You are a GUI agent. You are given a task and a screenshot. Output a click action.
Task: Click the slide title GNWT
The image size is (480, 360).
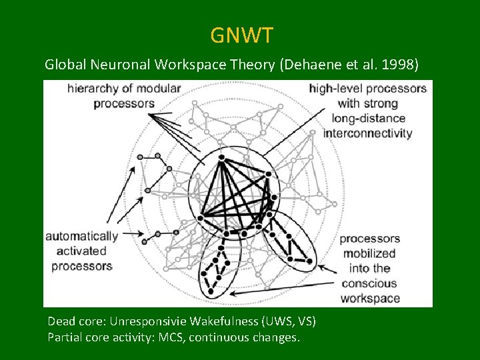tap(241, 35)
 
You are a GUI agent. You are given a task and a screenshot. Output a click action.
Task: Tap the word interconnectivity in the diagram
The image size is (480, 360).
tap(368, 133)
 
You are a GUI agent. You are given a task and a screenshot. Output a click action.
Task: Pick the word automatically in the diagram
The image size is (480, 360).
tap(81, 236)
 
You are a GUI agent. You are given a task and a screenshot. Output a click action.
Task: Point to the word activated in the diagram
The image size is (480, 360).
tap(81, 251)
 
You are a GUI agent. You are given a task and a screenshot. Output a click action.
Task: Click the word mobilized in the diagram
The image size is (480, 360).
tap(369, 253)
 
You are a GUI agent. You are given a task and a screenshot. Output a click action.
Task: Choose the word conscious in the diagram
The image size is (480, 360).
tap(369, 283)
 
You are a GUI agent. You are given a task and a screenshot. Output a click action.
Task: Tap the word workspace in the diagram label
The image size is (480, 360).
tap(370, 298)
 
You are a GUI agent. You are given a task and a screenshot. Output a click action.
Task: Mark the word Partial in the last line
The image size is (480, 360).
tap(64, 337)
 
